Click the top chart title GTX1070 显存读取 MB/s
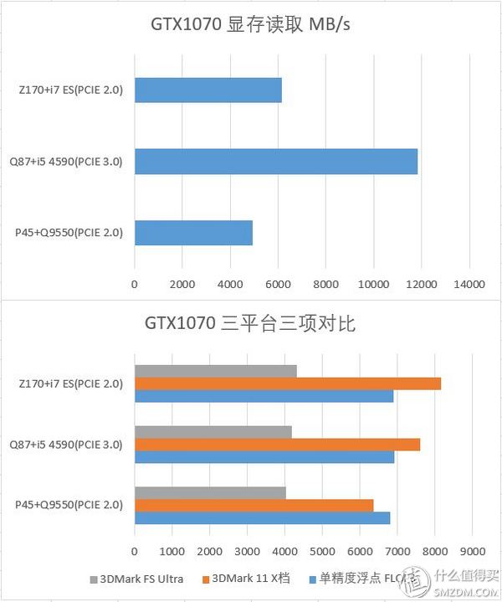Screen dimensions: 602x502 250,23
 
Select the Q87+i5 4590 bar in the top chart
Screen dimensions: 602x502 275,161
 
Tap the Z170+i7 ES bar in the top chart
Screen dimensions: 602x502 207,90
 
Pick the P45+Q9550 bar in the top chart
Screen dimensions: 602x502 193,233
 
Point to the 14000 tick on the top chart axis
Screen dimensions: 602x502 469,286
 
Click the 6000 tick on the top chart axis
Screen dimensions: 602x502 278,286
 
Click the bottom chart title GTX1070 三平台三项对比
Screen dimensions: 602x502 250,323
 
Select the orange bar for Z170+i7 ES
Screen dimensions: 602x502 287,383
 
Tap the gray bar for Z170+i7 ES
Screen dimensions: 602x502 215,371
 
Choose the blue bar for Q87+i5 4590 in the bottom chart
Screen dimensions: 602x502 264,457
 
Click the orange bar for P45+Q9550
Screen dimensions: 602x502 254,505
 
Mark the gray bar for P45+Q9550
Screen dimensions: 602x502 210,492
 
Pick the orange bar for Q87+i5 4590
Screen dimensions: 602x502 277,445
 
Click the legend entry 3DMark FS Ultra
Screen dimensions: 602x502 141,579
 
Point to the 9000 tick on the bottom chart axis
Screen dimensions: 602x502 472,552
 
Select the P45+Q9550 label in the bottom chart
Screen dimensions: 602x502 69,505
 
